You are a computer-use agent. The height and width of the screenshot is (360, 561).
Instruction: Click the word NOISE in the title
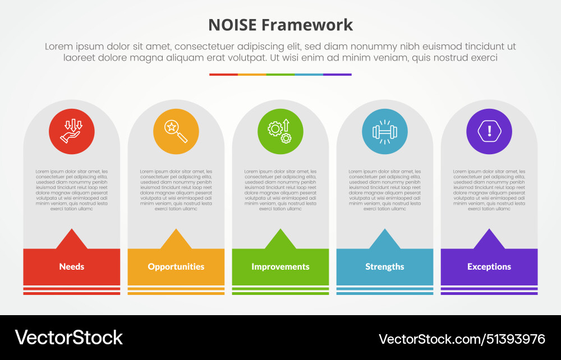pos(232,25)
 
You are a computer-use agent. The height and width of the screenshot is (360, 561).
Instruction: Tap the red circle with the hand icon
pos(72,132)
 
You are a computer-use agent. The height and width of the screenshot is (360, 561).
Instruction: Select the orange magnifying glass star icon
pos(176,132)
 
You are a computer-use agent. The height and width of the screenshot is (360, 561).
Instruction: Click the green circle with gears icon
pos(280,132)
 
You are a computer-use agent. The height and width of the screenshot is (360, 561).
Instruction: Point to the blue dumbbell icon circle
pos(385,132)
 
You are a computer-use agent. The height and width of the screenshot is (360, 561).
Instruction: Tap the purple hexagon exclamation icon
pos(489,132)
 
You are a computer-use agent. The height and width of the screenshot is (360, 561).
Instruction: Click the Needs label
pos(72,267)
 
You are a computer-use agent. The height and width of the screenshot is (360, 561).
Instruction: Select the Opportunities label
pos(176,267)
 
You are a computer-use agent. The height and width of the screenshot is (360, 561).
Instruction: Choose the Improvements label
pos(280,267)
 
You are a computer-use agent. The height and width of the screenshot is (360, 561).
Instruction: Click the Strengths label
pos(385,267)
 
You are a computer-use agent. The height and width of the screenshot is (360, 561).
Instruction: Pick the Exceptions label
pos(489,267)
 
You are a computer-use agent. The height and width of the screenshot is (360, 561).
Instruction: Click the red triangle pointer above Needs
pos(72,241)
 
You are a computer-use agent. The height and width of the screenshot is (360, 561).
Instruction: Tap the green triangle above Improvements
pos(280,241)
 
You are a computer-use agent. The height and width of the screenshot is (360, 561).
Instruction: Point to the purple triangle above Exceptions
pos(489,241)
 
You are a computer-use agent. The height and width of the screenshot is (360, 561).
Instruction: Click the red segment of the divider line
pos(223,74)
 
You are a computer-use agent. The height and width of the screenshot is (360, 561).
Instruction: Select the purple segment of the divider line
pos(337,74)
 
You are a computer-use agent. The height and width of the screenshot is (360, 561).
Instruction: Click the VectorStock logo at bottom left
pos(68,337)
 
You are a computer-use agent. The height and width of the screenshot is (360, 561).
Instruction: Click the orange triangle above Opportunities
pos(176,241)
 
